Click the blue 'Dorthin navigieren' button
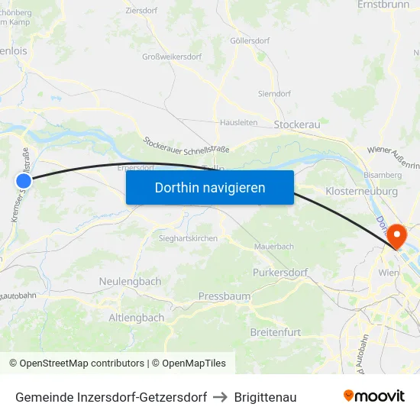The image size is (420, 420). (209, 187)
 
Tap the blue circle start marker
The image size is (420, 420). (24, 180)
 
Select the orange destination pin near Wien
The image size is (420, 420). (397, 235)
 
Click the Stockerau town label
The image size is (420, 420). (296, 124)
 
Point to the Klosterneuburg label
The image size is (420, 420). (361, 191)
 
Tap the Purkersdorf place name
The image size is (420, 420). (279, 272)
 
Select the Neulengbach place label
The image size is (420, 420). (130, 281)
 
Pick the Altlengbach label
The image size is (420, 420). (137, 317)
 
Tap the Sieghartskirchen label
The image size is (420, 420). (188, 238)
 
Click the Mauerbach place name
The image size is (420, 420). (273, 247)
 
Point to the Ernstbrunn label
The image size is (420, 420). (383, 5)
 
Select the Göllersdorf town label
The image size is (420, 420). (250, 40)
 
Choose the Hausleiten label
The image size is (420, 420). (238, 122)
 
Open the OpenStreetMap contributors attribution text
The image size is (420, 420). (78, 363)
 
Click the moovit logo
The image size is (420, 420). (374, 396)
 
